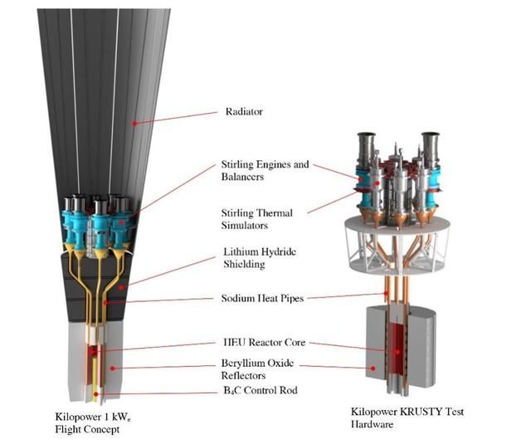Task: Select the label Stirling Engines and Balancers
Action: coord(266,170)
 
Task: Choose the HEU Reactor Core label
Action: coord(260,341)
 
